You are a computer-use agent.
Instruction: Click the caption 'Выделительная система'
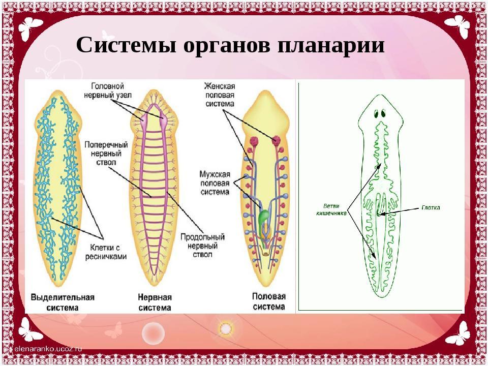coord(63,302)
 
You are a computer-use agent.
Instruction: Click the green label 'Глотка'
coord(431,207)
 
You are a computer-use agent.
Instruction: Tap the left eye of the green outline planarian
coord(377,113)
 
